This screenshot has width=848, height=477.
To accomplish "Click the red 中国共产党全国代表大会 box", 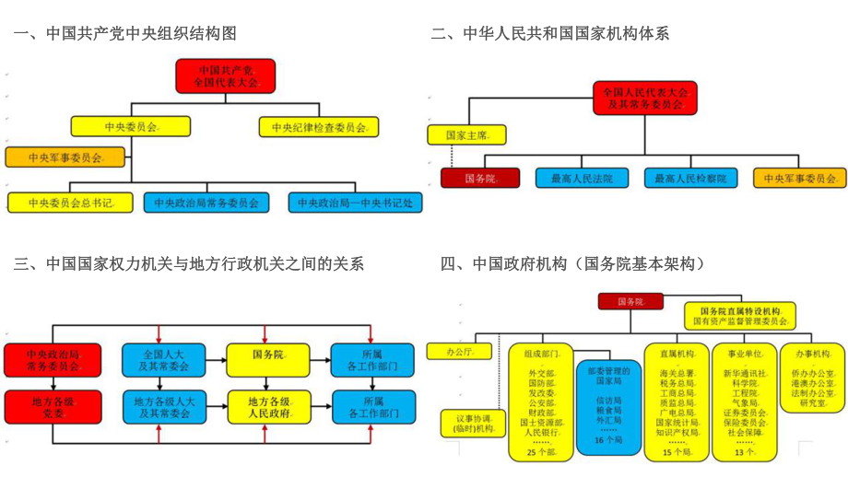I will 225,76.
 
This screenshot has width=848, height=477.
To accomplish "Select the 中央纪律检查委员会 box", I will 319,127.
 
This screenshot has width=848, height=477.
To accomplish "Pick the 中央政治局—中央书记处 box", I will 355,202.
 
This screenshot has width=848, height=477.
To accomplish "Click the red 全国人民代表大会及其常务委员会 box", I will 644,99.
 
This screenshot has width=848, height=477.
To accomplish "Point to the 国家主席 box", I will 467,134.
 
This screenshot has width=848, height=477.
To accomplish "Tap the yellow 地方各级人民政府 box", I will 266,407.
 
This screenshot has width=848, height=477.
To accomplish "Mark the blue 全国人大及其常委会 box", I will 164,359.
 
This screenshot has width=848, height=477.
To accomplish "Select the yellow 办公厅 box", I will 460,351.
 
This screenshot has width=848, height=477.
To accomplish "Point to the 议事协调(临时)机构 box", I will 473,422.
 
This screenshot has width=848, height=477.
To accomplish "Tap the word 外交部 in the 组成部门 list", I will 540,372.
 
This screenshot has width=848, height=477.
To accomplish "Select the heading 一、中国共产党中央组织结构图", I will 124,34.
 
